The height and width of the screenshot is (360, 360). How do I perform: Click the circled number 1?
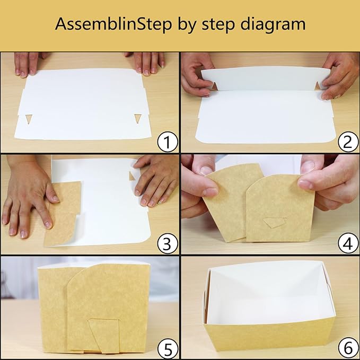point(168,142)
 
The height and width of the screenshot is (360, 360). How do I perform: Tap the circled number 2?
point(348,142)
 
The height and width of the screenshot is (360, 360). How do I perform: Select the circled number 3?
point(168,243)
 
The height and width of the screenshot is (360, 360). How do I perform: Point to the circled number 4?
point(348,243)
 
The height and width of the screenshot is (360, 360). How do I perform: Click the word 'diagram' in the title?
point(273,24)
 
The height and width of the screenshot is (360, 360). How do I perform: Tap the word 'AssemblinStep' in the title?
point(113,24)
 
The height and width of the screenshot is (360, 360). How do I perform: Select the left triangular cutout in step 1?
point(29,119)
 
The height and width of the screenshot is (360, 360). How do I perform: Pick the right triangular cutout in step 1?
point(138,118)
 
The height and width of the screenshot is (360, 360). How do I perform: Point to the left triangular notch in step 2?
point(214,86)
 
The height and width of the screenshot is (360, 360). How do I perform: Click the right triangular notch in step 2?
point(318,85)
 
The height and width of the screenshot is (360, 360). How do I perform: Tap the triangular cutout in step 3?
point(132,175)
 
